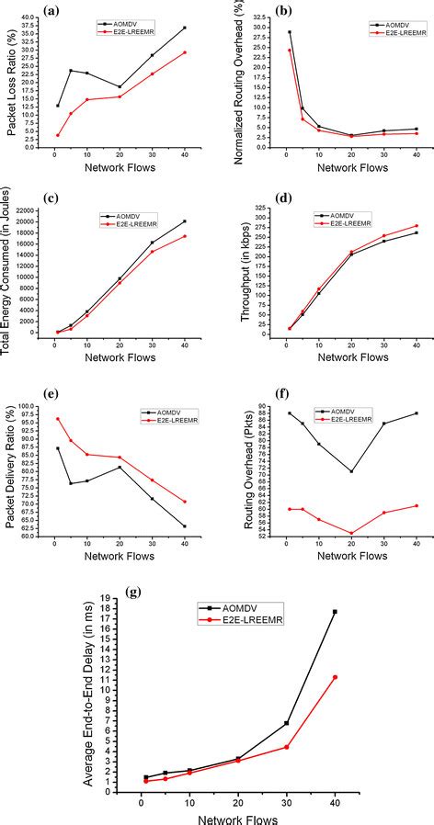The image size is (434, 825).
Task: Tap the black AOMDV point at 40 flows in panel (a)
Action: pyautogui.click(x=185, y=28)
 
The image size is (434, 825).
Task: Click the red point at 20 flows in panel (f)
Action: pyautogui.click(x=351, y=533)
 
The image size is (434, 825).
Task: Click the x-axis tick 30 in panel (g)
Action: pyautogui.click(x=287, y=802)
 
